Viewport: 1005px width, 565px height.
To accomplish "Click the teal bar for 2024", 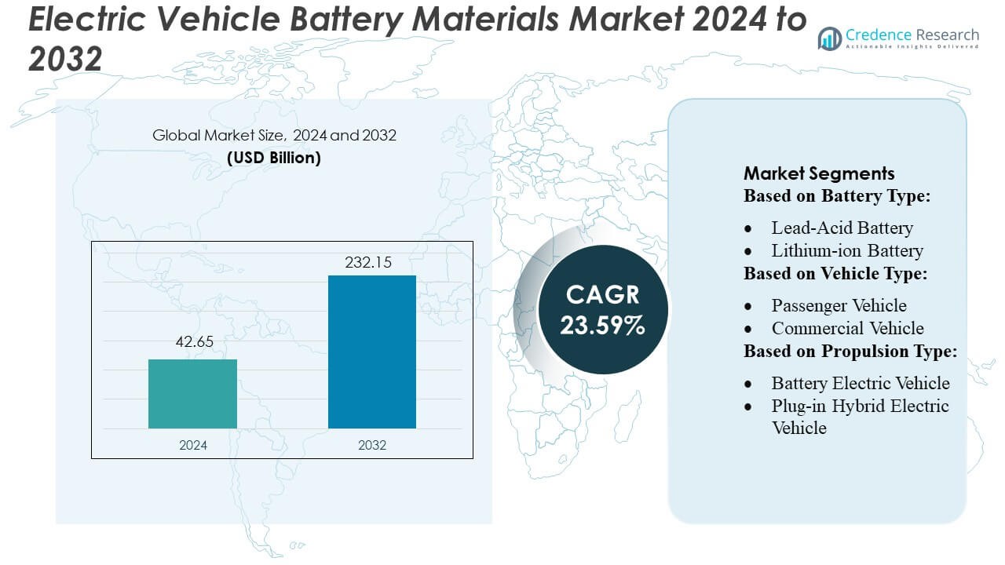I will click(x=192, y=393).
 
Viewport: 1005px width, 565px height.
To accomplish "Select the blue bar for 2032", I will click(x=371, y=352).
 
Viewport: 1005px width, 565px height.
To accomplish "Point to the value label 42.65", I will click(x=192, y=342).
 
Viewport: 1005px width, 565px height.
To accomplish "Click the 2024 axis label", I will click(x=192, y=444).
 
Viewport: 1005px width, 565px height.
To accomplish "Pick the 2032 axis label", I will click(x=371, y=444).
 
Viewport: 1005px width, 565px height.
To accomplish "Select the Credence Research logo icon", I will click(x=830, y=38).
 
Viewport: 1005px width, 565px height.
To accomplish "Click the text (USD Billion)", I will click(x=274, y=157).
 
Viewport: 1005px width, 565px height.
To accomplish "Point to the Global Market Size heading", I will click(x=274, y=135).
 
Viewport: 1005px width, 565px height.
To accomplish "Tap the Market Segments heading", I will click(x=819, y=173).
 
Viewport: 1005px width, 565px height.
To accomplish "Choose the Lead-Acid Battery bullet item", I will click(x=842, y=228).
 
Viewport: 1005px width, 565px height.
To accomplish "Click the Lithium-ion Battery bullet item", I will click(x=846, y=251).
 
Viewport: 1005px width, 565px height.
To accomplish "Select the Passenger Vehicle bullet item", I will click(x=839, y=305).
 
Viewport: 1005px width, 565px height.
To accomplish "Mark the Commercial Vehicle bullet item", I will click(x=847, y=328).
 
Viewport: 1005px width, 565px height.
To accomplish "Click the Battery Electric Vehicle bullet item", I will click(x=860, y=383).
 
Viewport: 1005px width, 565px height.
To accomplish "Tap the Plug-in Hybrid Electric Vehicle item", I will click(x=860, y=417).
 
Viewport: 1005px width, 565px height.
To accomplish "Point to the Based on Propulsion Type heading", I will click(x=850, y=352).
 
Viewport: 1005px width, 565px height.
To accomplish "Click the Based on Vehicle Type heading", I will click(x=835, y=274).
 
